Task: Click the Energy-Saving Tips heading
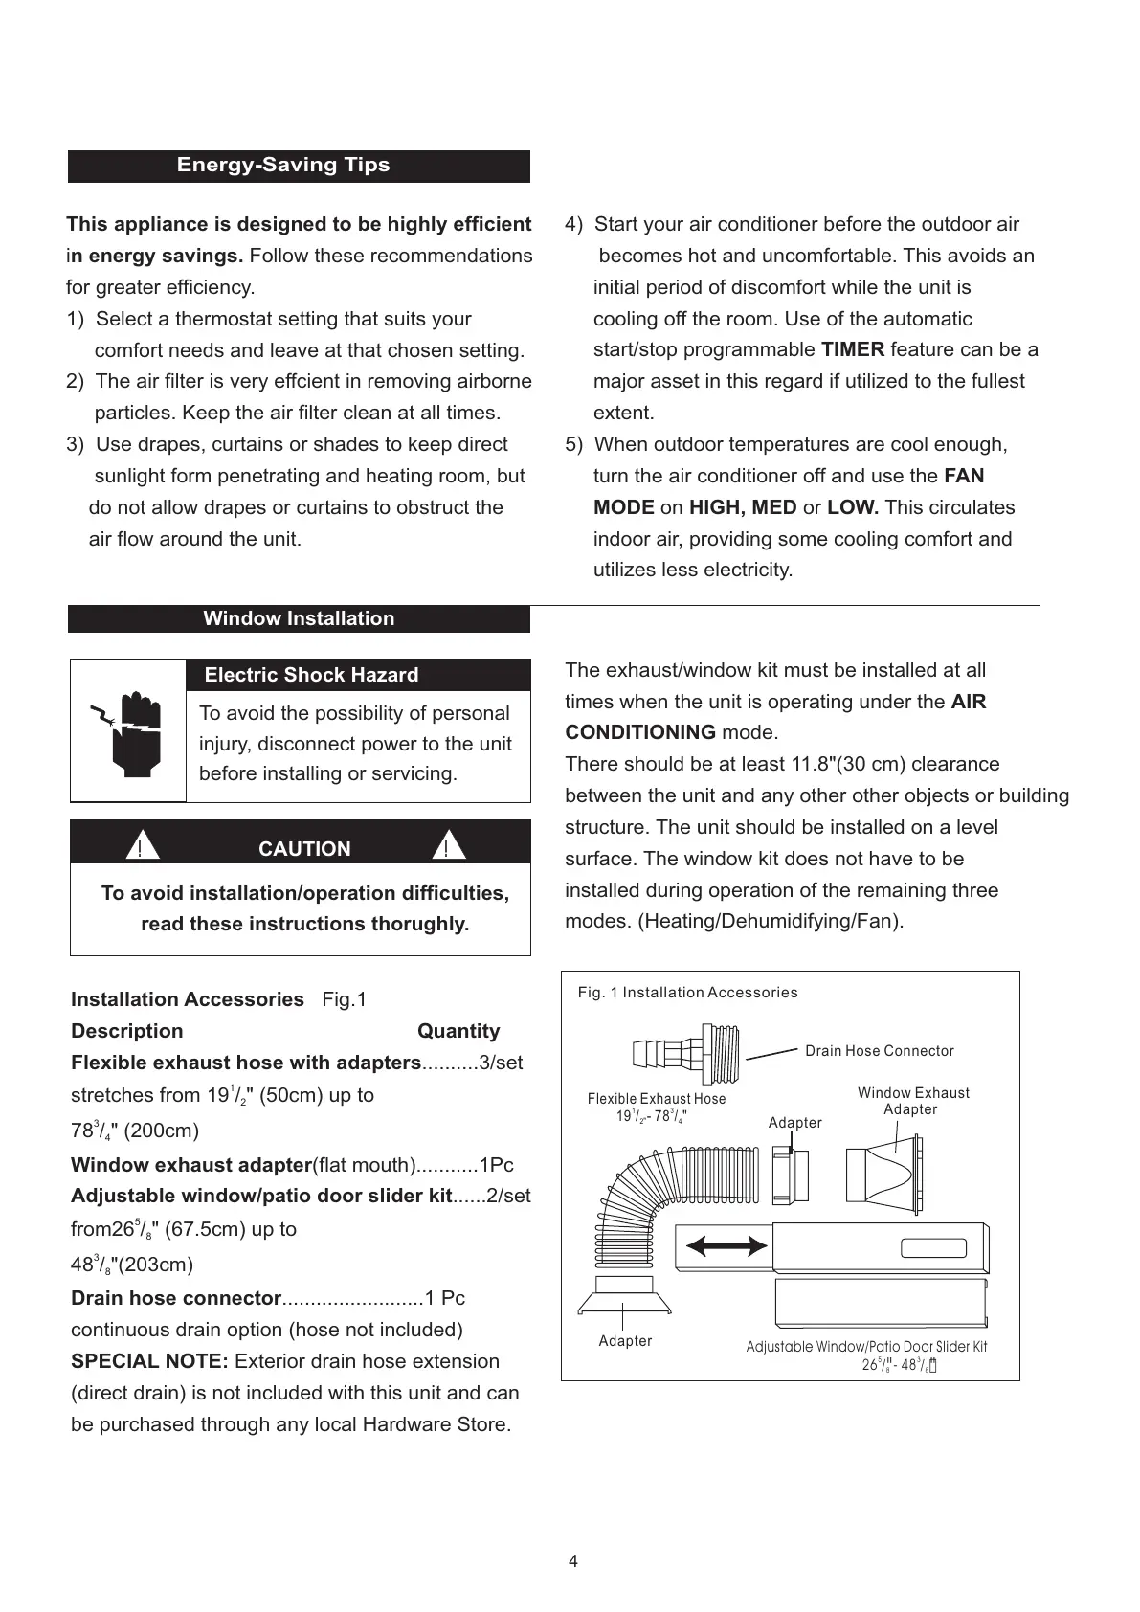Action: coord(283,165)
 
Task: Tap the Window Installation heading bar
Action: coord(299,618)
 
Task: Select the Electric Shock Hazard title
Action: coord(311,675)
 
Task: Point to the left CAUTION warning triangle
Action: coord(141,847)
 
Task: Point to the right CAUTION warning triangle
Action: coord(447,847)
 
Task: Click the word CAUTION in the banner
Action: coord(304,849)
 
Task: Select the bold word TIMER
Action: coord(852,349)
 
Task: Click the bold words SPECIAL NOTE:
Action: coord(149,1361)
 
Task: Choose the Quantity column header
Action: coord(458,1031)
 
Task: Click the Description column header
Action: coord(126,1031)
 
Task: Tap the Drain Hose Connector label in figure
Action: coord(879,1051)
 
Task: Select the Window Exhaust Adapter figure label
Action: coord(912,1101)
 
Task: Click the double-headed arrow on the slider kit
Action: coord(727,1245)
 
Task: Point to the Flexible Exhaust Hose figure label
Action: coord(657,1099)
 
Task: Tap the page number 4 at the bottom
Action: coord(573,1561)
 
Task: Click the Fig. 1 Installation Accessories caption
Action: coord(687,993)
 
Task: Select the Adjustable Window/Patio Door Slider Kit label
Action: coord(866,1347)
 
